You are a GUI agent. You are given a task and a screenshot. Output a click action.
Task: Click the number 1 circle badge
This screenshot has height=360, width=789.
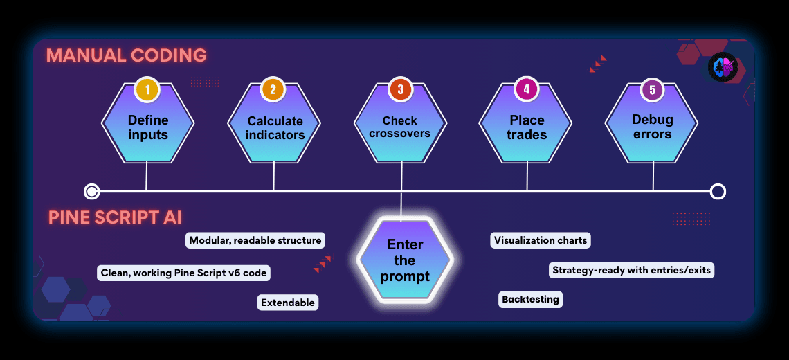(147, 89)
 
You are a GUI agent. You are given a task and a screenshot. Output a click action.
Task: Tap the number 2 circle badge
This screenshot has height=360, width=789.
(273, 89)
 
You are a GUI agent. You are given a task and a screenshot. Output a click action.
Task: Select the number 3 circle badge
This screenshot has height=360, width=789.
(401, 89)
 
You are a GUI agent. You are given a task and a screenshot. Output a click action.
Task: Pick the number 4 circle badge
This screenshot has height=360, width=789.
(527, 89)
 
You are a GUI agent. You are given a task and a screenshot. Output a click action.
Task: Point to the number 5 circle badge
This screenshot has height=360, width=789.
(652, 89)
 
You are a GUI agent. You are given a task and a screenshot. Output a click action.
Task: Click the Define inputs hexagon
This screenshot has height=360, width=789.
(147, 127)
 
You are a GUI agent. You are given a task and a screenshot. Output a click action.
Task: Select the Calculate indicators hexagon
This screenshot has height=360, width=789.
(275, 127)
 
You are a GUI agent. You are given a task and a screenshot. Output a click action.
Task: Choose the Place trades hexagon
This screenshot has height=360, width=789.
(527, 127)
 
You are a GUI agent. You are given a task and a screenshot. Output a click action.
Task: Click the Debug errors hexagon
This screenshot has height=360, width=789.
(652, 127)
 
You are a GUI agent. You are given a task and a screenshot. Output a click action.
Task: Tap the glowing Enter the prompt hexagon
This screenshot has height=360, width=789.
(405, 260)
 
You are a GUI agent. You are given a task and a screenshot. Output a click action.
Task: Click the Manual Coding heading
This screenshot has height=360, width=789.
(127, 56)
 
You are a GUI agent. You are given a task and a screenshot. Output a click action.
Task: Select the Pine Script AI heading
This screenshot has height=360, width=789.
(115, 217)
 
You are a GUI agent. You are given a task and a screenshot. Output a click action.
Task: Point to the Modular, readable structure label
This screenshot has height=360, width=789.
(255, 240)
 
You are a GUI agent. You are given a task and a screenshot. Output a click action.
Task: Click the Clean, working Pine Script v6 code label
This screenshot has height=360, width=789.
(183, 273)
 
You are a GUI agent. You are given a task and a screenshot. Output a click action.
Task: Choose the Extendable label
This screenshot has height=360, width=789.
(288, 303)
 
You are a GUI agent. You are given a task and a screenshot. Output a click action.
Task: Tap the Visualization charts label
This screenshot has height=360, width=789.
(541, 240)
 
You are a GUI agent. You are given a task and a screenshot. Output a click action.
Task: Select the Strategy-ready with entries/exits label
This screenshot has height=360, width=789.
(631, 270)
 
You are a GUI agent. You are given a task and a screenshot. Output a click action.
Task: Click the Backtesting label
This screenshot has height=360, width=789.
(531, 299)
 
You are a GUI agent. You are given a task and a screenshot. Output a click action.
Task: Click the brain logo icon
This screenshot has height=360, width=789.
(723, 67)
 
